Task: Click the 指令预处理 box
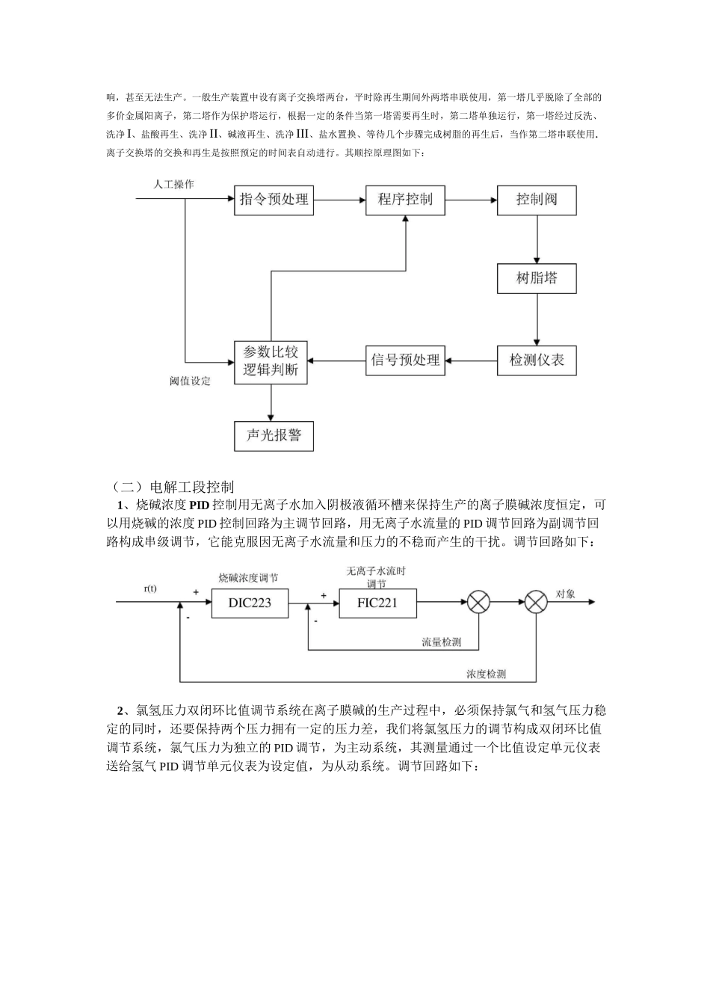pos(274,200)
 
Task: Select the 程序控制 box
pos(405,200)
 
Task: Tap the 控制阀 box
pos(537,200)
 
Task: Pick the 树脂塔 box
pos(537,278)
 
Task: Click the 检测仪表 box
pos(537,360)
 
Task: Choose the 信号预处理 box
pos(405,360)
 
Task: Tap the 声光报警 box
pos(274,435)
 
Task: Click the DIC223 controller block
pos(250,603)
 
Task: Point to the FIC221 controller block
pos(378,603)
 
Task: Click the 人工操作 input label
pos(174,184)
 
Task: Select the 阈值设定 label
pos(190,381)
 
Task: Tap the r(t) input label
pos(150,588)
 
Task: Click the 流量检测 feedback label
pos(441,642)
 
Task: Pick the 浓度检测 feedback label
pos(486,674)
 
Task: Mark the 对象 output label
pos(565,594)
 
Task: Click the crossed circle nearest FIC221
pos(478,603)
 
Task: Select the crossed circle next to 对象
pos(537,603)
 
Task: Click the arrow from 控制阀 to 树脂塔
pos(537,240)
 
